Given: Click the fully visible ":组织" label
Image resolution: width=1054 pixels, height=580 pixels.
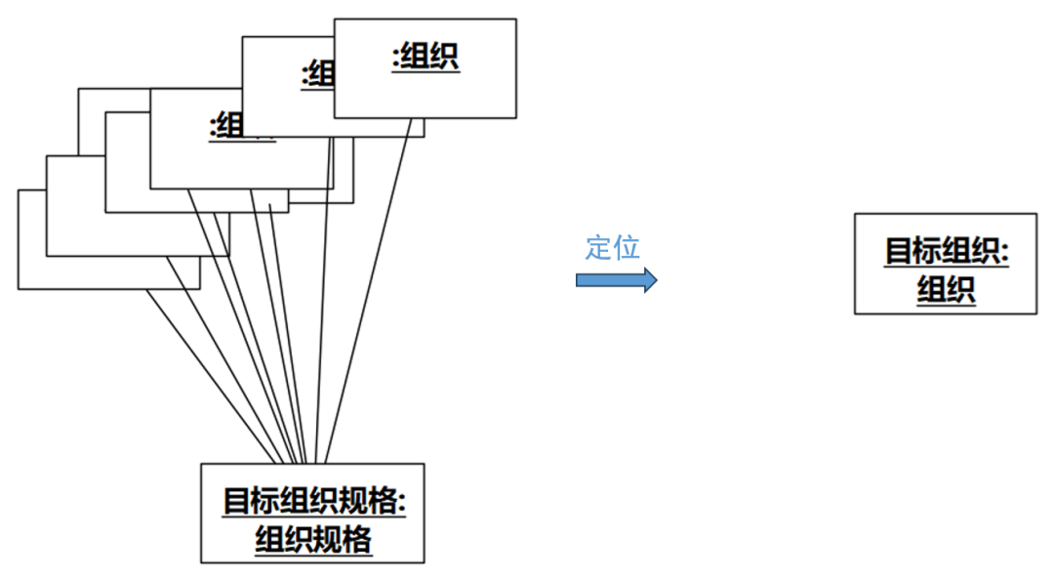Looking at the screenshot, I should click(426, 57).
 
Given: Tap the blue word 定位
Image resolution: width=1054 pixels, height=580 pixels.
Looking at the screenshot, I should click(612, 247).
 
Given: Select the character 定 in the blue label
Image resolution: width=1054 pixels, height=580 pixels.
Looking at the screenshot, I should click(598, 247).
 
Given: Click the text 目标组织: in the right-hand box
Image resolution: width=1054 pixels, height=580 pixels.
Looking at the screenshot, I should click(946, 250).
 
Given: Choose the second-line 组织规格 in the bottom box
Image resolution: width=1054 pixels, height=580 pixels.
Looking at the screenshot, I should click(313, 539).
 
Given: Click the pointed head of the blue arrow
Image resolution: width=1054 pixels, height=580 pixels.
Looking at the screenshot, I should click(650, 280).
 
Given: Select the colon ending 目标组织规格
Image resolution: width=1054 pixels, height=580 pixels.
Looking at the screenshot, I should click(401, 502).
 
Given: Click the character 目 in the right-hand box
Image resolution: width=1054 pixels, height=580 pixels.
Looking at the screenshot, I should click(899, 250).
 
